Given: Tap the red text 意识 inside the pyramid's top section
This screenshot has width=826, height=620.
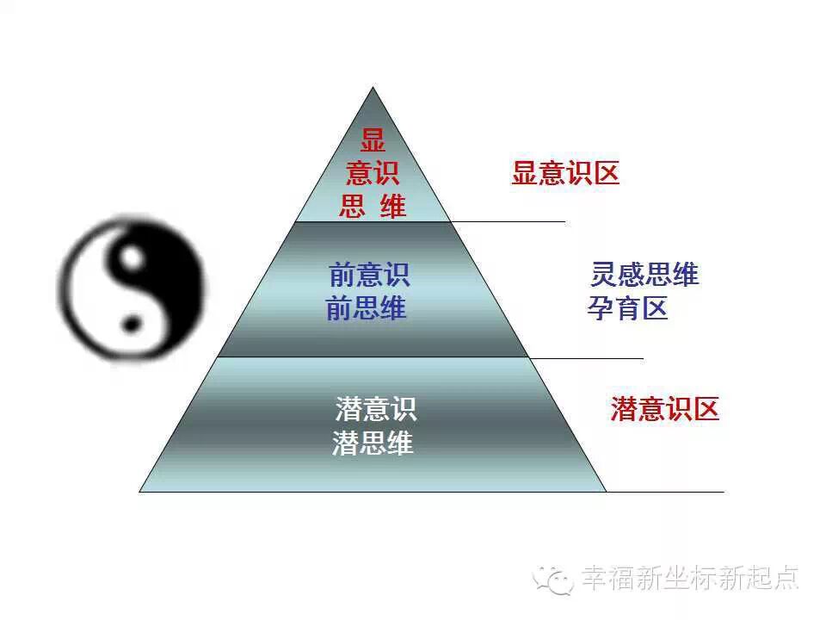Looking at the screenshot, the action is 373,174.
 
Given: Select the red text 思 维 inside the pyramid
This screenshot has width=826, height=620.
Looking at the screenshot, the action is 373,207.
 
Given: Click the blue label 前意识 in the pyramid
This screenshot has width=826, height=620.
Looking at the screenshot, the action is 369,276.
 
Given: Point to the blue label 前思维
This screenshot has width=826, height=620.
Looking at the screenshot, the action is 366,308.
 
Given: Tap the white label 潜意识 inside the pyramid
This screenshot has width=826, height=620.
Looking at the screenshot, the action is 376,408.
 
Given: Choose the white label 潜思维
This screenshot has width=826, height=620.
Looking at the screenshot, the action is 373,443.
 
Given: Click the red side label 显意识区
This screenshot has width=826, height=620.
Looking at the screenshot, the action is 565,174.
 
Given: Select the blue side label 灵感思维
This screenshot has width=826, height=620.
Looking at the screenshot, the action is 644,275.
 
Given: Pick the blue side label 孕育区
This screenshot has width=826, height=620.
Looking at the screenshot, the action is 628,308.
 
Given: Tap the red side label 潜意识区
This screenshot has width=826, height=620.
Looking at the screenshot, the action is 664,408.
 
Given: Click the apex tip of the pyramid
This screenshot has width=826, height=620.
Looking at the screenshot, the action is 373,88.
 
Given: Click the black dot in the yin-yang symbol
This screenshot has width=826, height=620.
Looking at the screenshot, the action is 131,325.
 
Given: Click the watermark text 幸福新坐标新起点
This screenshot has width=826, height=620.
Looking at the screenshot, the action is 689,577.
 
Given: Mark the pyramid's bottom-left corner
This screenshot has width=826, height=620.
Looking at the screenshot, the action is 140,491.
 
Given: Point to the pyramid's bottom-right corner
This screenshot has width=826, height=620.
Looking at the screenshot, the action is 606,491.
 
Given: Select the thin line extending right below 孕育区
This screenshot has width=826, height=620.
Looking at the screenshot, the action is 585,356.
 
